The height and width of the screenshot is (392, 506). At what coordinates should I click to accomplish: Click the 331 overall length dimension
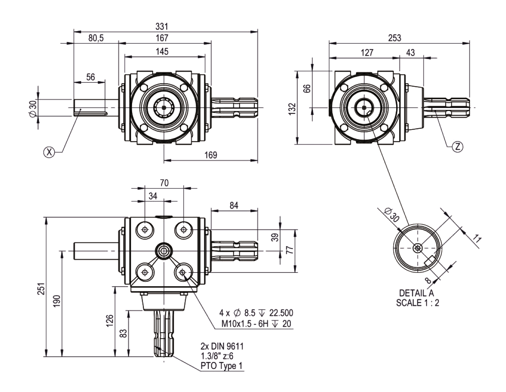[162, 27]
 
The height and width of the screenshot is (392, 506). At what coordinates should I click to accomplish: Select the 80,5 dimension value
[96, 38]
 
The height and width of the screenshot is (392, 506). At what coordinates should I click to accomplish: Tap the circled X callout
[49, 152]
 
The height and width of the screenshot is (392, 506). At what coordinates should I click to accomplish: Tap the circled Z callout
[457, 147]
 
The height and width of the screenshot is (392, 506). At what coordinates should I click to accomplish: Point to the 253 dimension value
[394, 38]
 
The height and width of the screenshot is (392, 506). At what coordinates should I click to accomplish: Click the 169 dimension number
[210, 155]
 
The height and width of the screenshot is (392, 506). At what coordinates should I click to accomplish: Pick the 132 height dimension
[292, 108]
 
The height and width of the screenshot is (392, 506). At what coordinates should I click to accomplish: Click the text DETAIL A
[417, 293]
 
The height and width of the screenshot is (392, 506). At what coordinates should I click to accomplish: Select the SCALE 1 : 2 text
[418, 303]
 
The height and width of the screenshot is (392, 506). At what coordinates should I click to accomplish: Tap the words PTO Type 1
[221, 366]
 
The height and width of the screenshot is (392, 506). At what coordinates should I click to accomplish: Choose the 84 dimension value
[234, 205]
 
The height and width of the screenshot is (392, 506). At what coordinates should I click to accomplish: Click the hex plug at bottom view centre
[164, 251]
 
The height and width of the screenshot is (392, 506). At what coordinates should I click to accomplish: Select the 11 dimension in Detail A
[477, 239]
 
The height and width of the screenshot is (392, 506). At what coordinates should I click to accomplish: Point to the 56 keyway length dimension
[91, 77]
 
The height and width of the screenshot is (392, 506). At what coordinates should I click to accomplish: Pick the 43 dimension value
[410, 53]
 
